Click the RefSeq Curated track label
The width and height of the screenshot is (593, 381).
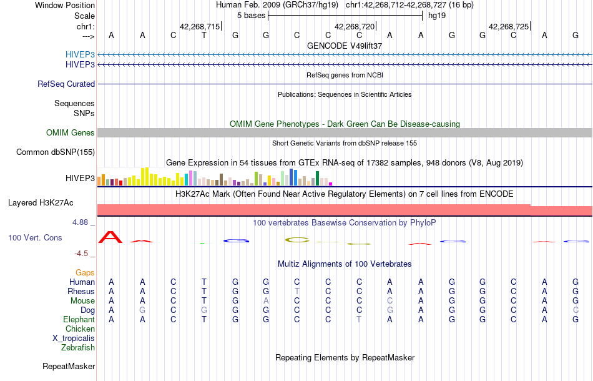(x=66, y=84)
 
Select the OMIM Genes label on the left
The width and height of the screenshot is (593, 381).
(x=70, y=132)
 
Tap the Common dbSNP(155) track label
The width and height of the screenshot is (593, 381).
(x=56, y=152)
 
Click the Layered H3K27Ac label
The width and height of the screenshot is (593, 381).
(x=41, y=202)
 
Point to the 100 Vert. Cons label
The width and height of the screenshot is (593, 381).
(x=35, y=237)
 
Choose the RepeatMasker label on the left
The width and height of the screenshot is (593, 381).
(x=69, y=366)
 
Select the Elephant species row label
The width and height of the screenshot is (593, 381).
(x=79, y=319)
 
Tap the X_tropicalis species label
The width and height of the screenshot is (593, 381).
(x=74, y=338)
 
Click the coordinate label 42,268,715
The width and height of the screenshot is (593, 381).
(x=200, y=26)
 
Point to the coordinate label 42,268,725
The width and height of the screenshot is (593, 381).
(x=509, y=26)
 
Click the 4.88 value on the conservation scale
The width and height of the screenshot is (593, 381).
(x=84, y=222)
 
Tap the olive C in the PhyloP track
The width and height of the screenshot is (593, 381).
(x=297, y=239)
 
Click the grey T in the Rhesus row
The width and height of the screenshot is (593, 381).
(x=297, y=291)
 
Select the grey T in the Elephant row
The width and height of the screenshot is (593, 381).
(x=359, y=319)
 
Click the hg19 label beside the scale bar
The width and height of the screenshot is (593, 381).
(x=435, y=15)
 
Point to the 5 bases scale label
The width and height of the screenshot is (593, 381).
(x=251, y=15)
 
